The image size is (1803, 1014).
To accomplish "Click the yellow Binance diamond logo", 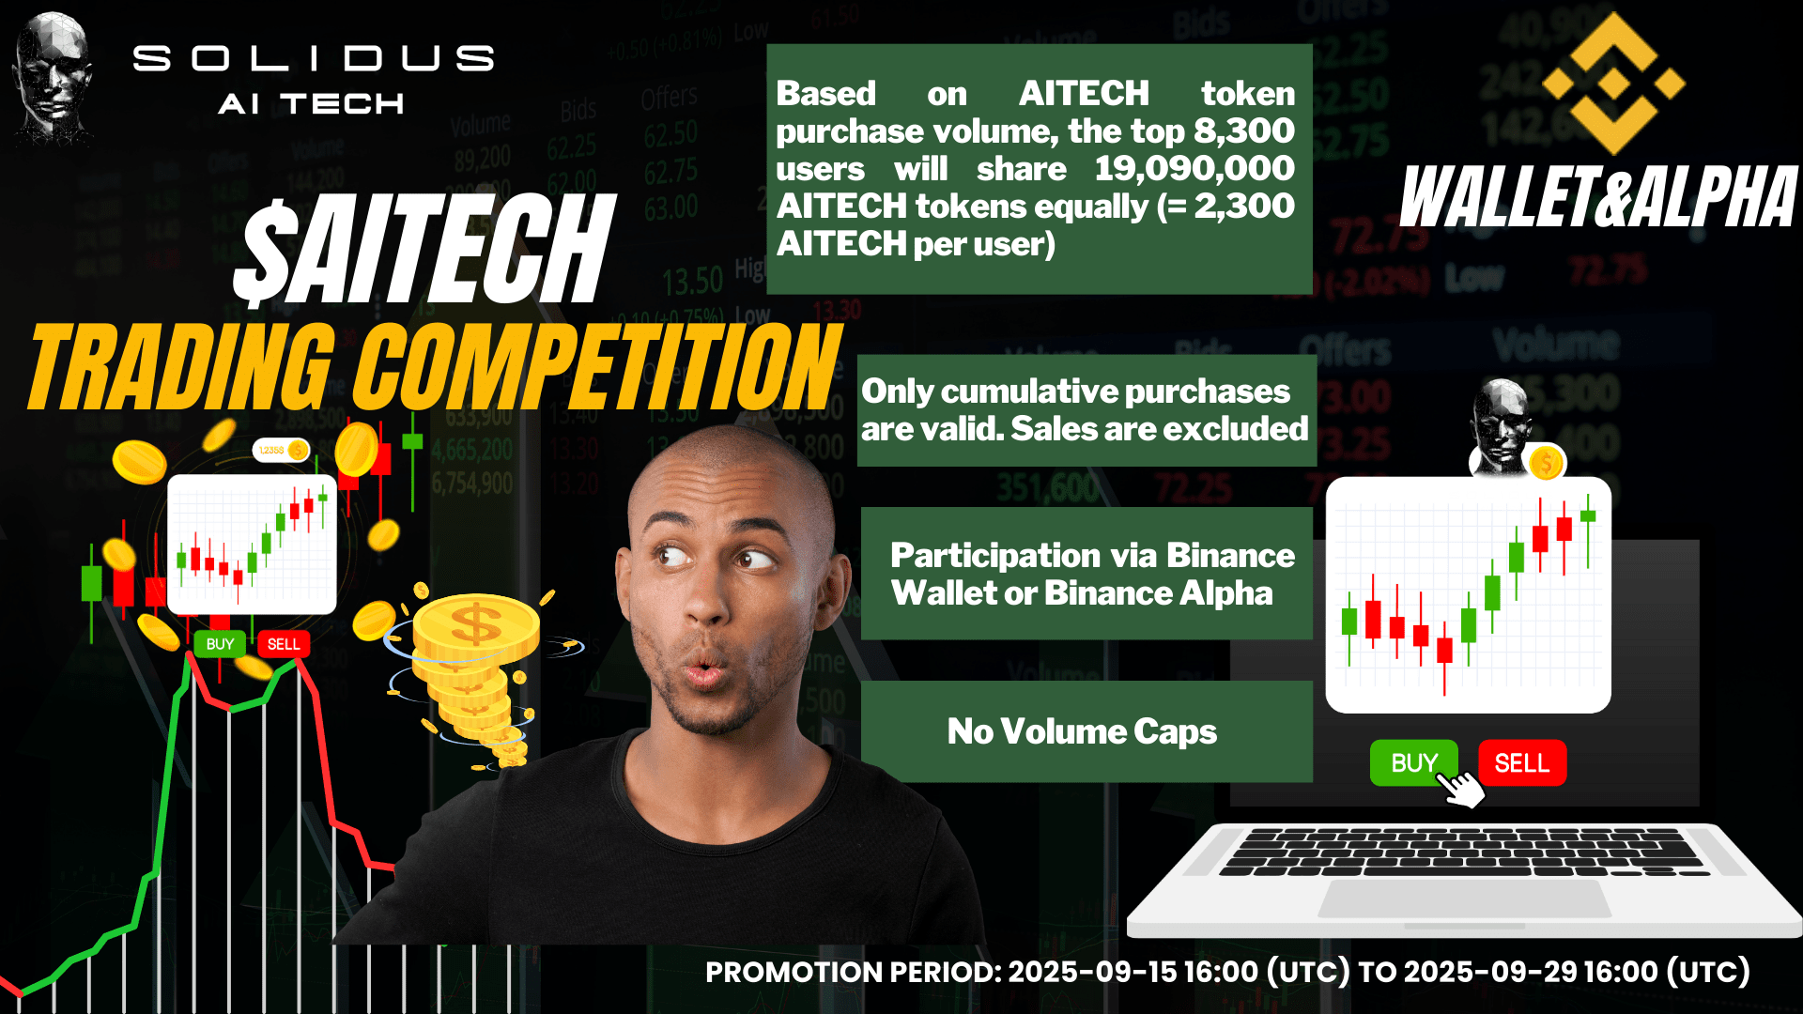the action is pyautogui.click(x=1613, y=84).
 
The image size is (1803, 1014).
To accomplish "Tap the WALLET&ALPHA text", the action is pyautogui.click(x=1598, y=197).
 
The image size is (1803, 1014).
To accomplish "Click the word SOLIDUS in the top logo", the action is pyautogui.click(x=314, y=59).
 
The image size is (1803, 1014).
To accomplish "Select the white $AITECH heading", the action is pyautogui.click(x=424, y=251).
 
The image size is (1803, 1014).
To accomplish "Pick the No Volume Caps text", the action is pyautogui.click(x=1082, y=731).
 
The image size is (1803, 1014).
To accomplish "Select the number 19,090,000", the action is pyautogui.click(x=1194, y=168).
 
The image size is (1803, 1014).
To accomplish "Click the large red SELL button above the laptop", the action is pyautogui.click(x=1522, y=762).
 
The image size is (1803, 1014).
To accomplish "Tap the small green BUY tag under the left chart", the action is pyautogui.click(x=220, y=644).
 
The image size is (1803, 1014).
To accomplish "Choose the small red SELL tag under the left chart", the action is pyautogui.click(x=284, y=644).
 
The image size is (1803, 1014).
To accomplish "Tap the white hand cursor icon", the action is pyautogui.click(x=1459, y=787).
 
